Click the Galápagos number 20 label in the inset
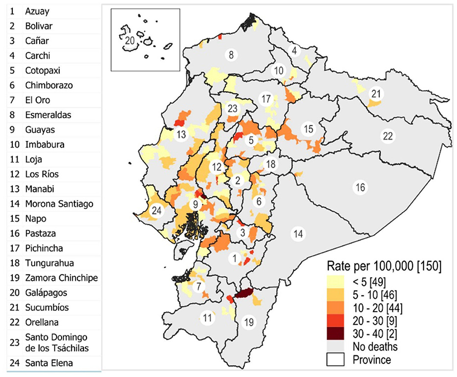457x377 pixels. tap(129, 41)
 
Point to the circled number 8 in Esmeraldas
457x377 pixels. tap(231, 54)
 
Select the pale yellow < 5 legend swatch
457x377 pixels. tap(335, 281)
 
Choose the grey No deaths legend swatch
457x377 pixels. tap(335, 347)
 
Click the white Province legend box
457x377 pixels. tap(335, 360)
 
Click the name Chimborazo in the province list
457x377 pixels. tap(49, 85)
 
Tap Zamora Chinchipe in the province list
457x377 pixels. tap(62, 278)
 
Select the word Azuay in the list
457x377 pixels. tap(37, 11)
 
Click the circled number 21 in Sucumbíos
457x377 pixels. tap(376, 93)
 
